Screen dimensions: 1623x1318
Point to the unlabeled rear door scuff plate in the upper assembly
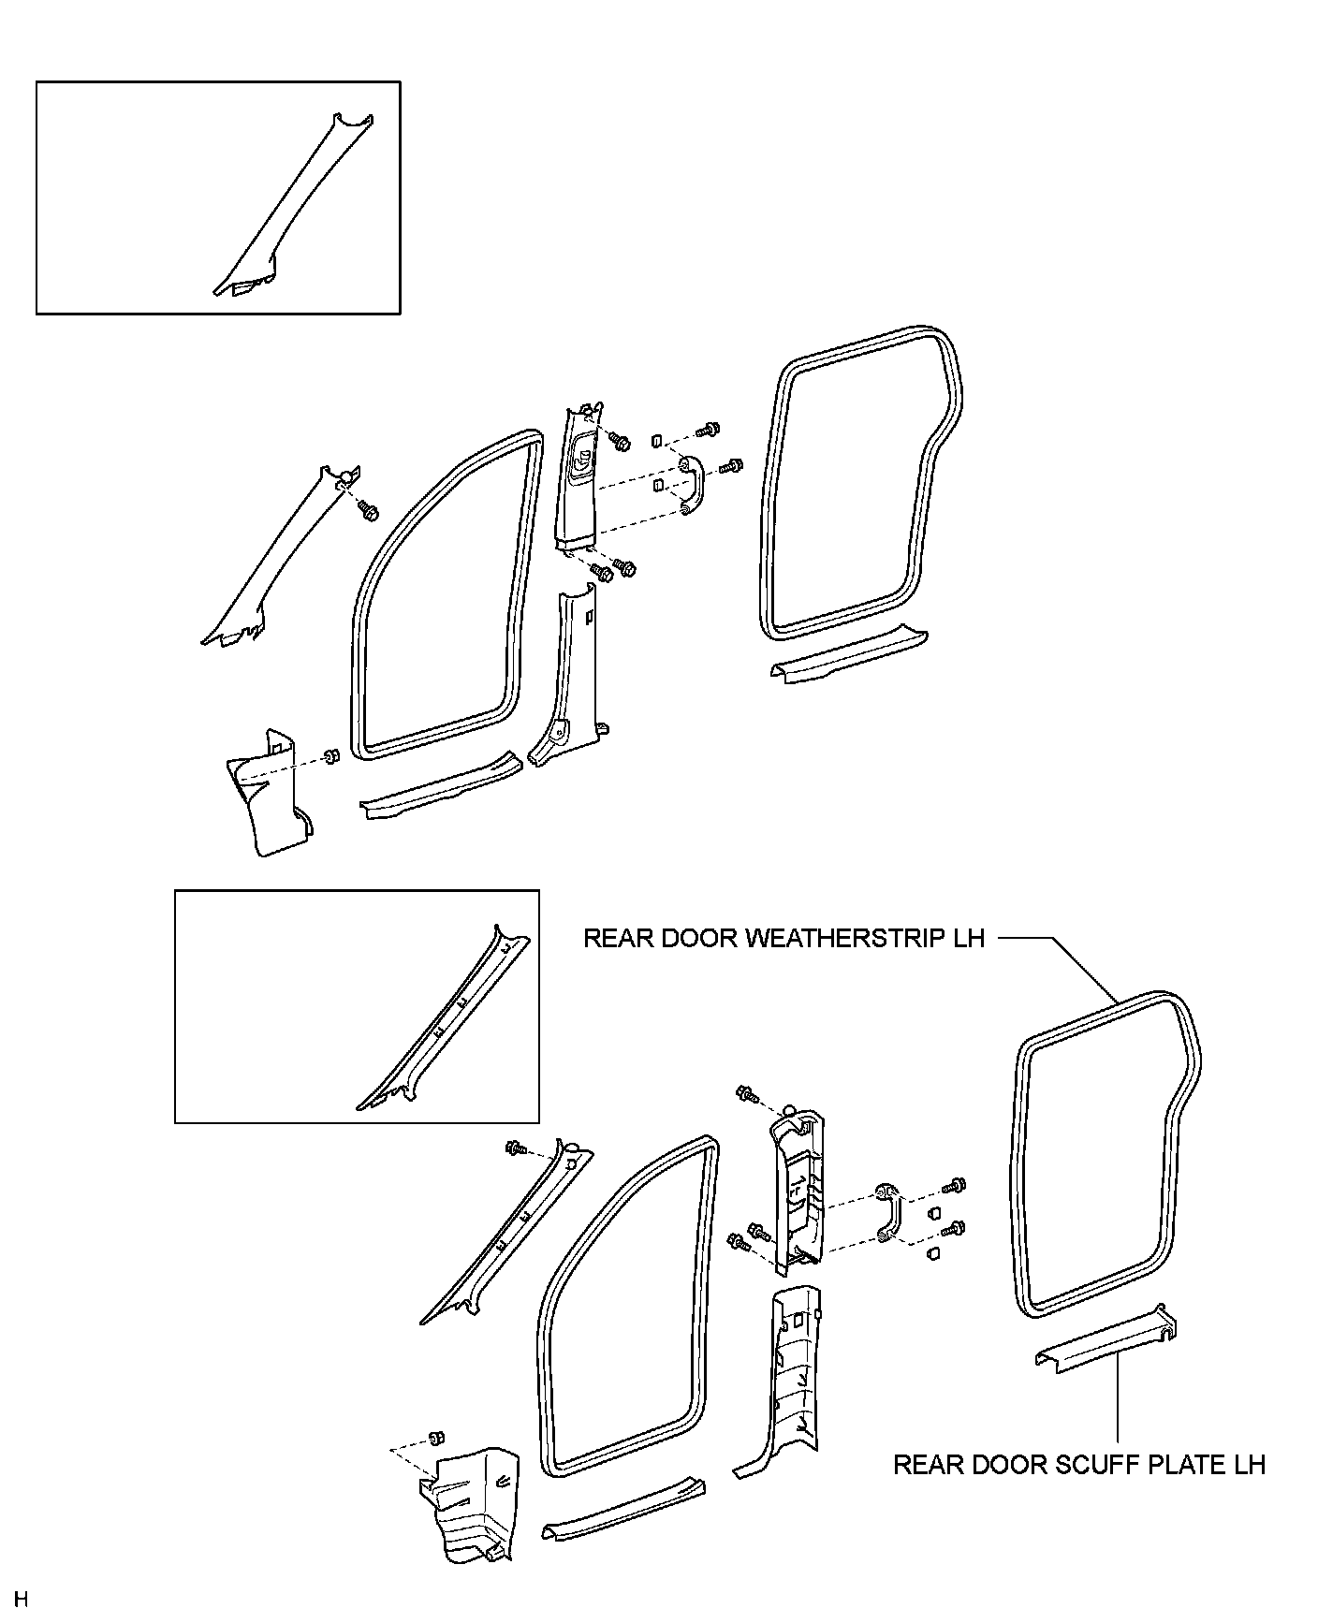[847, 651]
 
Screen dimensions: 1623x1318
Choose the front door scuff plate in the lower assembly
[622, 1507]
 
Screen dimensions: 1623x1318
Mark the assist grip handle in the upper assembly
[695, 485]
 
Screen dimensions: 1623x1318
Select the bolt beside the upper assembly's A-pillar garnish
[368, 511]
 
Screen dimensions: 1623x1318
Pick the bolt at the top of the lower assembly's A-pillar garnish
[515, 1148]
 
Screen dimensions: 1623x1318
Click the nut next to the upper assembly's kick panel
[330, 755]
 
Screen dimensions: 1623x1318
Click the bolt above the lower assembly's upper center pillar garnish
[747, 1092]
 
